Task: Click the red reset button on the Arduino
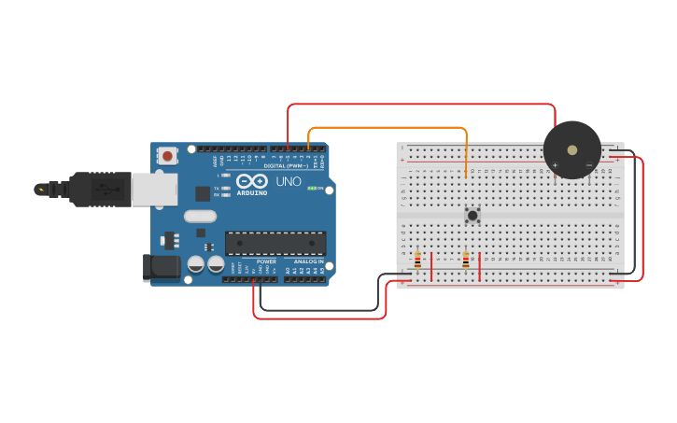(x=167, y=156)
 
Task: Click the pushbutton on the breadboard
(x=472, y=216)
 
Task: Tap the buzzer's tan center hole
(x=571, y=148)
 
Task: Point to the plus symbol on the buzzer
(x=555, y=165)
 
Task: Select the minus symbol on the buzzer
(x=588, y=165)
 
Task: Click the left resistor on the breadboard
(x=417, y=260)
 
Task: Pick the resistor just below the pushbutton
(x=465, y=260)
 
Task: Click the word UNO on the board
(x=289, y=180)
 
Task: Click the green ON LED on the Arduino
(x=311, y=188)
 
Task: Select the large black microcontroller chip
(x=275, y=243)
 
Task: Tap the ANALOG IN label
(x=307, y=261)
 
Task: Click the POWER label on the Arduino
(x=265, y=261)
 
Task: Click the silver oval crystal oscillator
(x=200, y=217)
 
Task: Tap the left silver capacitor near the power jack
(x=195, y=264)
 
